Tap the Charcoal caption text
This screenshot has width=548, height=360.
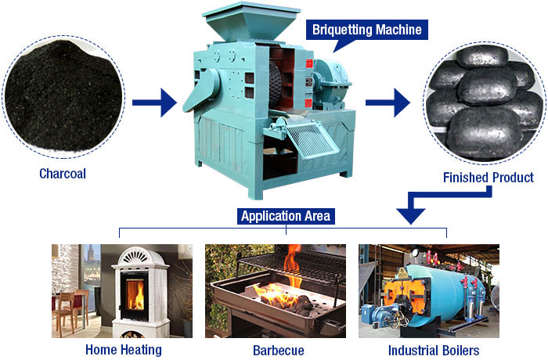coord(63,174)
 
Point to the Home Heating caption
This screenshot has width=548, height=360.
coord(124,350)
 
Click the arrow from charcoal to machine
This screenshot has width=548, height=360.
coord(153,102)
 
